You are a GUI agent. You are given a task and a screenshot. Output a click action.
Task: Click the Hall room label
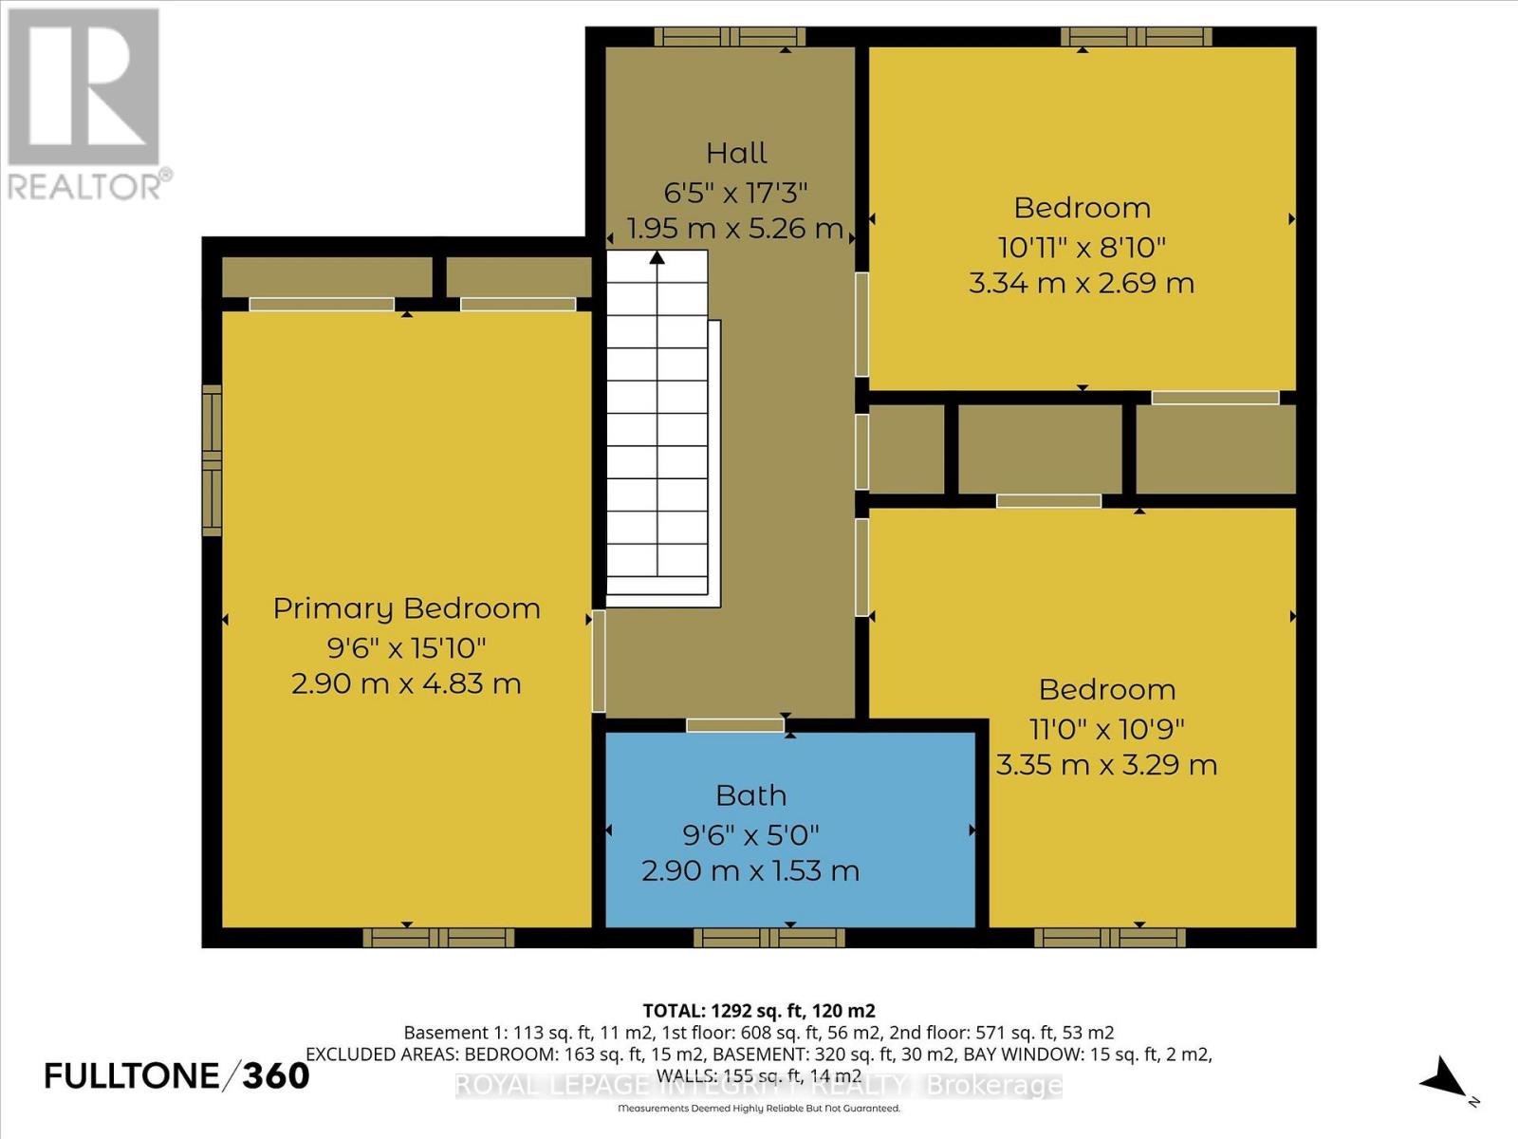click(x=736, y=153)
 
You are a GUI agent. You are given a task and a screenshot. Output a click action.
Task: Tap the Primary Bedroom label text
click(x=406, y=608)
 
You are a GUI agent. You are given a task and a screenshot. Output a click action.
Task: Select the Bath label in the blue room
click(x=750, y=795)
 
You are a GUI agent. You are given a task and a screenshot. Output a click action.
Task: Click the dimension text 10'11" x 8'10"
click(x=1082, y=247)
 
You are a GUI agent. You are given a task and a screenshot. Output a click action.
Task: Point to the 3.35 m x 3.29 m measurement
click(x=1106, y=765)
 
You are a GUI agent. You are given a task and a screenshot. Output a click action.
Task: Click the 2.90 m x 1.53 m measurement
click(x=750, y=870)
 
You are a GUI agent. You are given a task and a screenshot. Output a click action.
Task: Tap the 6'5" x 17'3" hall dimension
click(x=735, y=193)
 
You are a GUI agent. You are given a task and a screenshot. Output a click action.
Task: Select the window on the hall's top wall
click(x=729, y=37)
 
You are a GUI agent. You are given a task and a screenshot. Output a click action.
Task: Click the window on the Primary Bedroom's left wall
click(x=212, y=460)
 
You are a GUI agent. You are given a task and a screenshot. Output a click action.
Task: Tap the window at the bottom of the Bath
click(x=768, y=938)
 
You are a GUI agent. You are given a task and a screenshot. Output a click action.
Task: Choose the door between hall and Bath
click(x=735, y=725)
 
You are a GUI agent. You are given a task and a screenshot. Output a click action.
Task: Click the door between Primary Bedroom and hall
click(x=599, y=662)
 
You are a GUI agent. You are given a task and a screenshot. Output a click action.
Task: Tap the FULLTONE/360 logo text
click(x=176, y=1075)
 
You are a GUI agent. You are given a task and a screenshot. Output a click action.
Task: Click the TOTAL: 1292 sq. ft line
click(x=759, y=1011)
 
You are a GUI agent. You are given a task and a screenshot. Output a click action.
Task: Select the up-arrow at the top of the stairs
click(x=657, y=258)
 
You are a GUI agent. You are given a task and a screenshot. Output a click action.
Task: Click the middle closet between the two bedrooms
click(x=1040, y=449)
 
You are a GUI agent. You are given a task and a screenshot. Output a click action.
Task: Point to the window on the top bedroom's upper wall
click(x=1136, y=37)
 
